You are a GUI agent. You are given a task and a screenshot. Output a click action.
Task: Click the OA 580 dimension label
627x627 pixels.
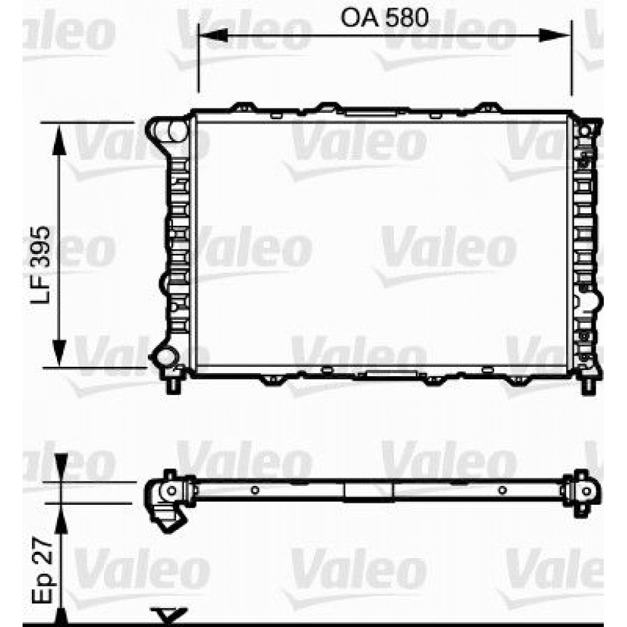(384, 18)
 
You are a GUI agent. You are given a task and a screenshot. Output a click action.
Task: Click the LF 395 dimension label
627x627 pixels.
(41, 265)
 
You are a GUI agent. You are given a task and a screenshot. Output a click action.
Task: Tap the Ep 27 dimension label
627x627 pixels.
(42, 570)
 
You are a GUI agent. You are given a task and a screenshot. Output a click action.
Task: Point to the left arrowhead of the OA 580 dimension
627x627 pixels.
(213, 35)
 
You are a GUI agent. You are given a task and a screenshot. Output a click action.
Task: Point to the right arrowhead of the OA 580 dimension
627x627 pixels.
(555, 35)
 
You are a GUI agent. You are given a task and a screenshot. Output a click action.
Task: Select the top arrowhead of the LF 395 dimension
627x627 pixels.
(59, 140)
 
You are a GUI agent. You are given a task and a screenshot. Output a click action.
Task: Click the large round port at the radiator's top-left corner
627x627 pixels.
(178, 130)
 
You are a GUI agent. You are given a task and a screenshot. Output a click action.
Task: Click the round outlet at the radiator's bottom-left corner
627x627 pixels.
(164, 357)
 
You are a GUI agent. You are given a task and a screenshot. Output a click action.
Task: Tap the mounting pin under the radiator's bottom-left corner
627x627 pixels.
(173, 385)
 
